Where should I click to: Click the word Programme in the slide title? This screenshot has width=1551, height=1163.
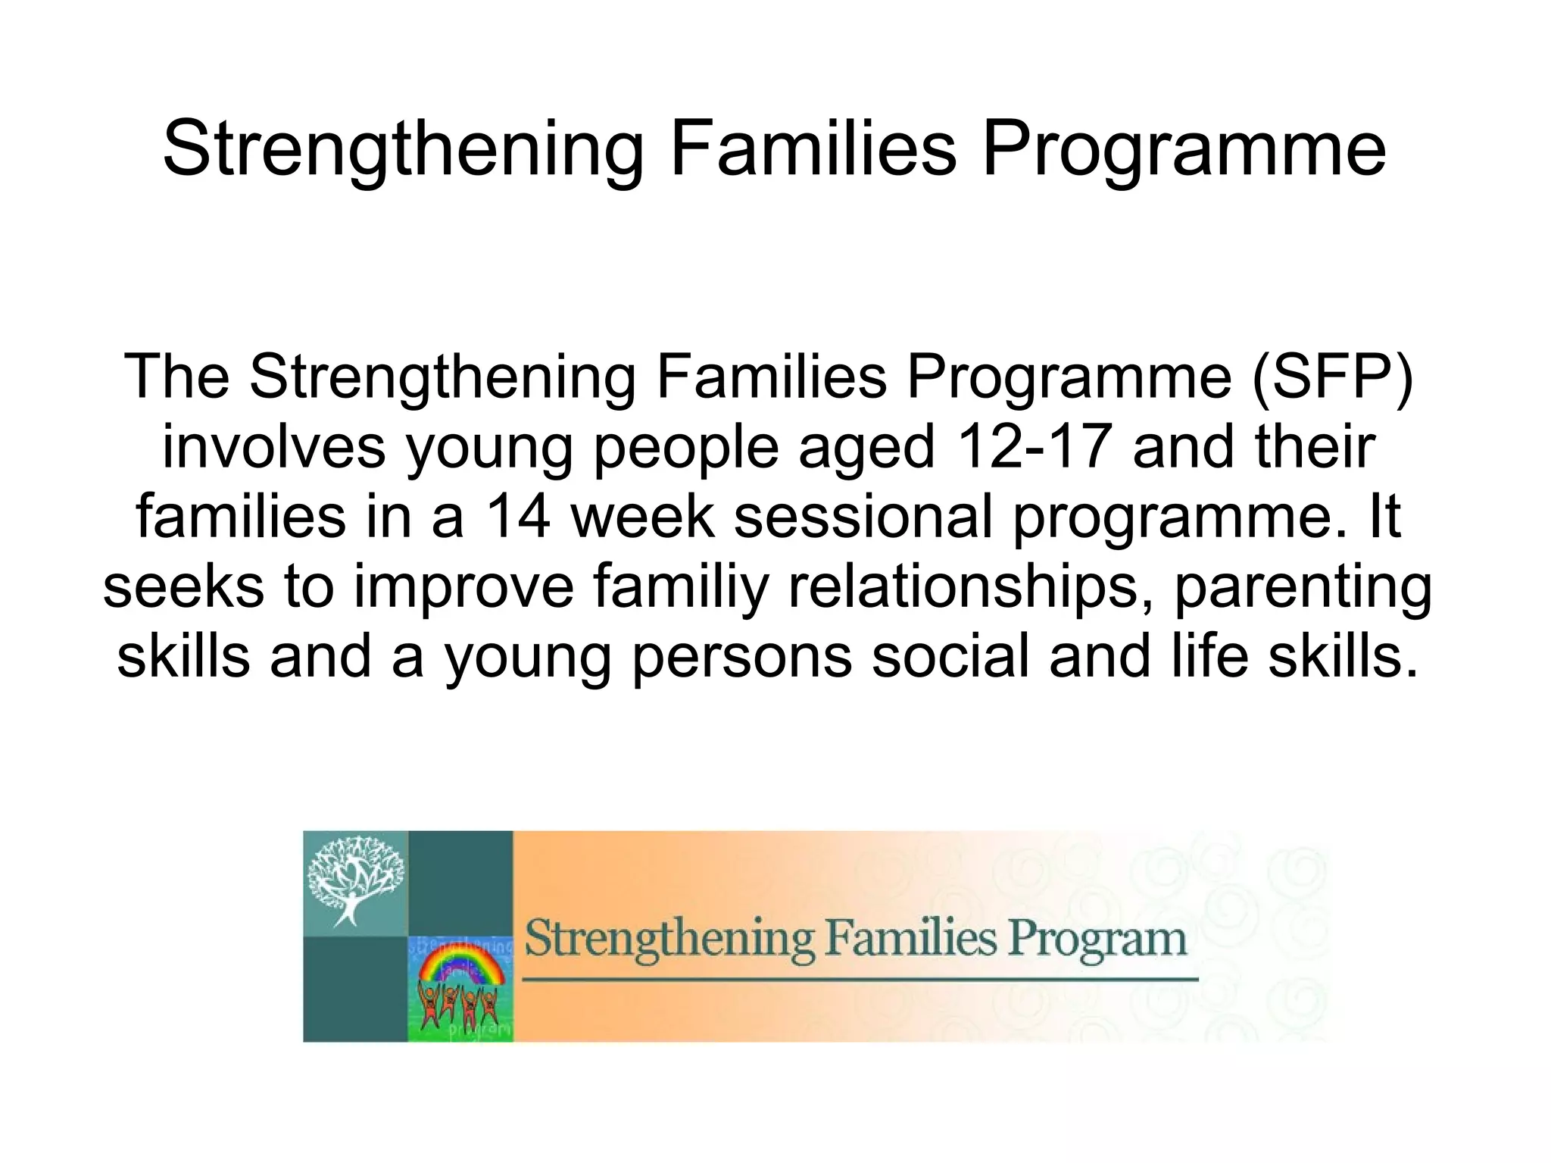[x=1184, y=149]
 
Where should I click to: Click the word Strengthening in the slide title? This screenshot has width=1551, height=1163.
[x=403, y=149]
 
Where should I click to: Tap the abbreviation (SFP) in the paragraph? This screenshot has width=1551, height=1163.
[x=1332, y=377]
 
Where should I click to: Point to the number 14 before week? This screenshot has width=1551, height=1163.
[x=517, y=516]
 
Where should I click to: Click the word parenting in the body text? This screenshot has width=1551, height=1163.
[x=1303, y=586]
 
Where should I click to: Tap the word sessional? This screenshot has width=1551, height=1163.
[x=863, y=516]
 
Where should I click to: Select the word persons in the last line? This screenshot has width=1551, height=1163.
[x=741, y=656]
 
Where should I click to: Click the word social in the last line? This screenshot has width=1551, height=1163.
[x=950, y=656]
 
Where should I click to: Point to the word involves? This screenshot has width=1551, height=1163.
[x=273, y=446]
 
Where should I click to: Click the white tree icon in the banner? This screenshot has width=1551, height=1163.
[x=354, y=879]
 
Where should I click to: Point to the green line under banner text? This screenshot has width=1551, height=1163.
[x=860, y=980]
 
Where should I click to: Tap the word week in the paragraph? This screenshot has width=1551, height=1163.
[x=642, y=516]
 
